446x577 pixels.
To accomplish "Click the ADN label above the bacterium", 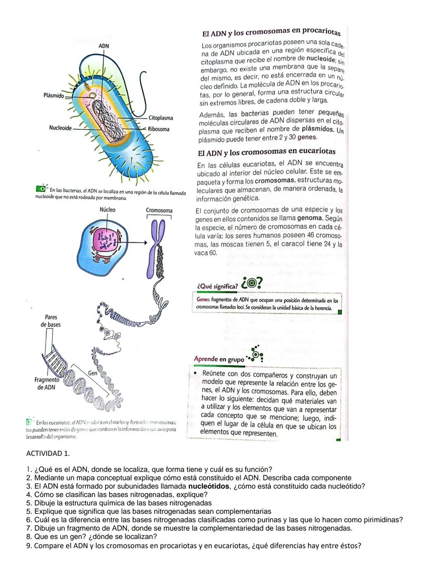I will pyautogui.click(x=104, y=46).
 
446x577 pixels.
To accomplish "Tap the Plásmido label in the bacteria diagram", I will pyautogui.click(x=54, y=96).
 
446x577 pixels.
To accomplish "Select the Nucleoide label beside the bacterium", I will pyautogui.click(x=60, y=128).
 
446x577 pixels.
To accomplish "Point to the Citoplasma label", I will pyautogui.click(x=161, y=118).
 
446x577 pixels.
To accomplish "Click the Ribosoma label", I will pyautogui.click(x=159, y=129).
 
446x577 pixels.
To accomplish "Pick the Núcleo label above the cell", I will pyautogui.click(x=107, y=210).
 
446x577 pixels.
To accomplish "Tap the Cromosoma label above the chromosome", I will pyautogui.click(x=159, y=211).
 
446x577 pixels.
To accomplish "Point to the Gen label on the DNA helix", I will pyautogui.click(x=93, y=373).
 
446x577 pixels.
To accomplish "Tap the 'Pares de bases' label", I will pyautogui.click(x=51, y=321).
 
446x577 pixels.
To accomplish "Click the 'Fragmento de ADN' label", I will pyautogui.click(x=46, y=383).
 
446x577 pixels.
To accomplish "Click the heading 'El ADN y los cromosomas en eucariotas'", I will pyautogui.click(x=266, y=152).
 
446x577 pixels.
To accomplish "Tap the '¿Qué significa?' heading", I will pyautogui.click(x=217, y=286).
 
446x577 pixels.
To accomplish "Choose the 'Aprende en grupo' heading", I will pyautogui.click(x=219, y=359).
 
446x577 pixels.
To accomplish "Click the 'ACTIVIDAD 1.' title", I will pyautogui.click(x=48, y=454).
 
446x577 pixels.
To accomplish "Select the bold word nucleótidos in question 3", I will pyautogui.click(x=209, y=486).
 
